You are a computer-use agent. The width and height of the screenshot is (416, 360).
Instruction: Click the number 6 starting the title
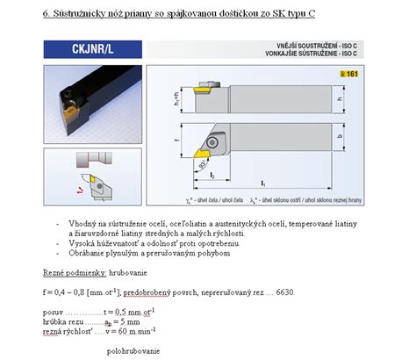coord(45,14)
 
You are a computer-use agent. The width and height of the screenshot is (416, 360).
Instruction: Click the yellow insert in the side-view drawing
coord(201,89)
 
